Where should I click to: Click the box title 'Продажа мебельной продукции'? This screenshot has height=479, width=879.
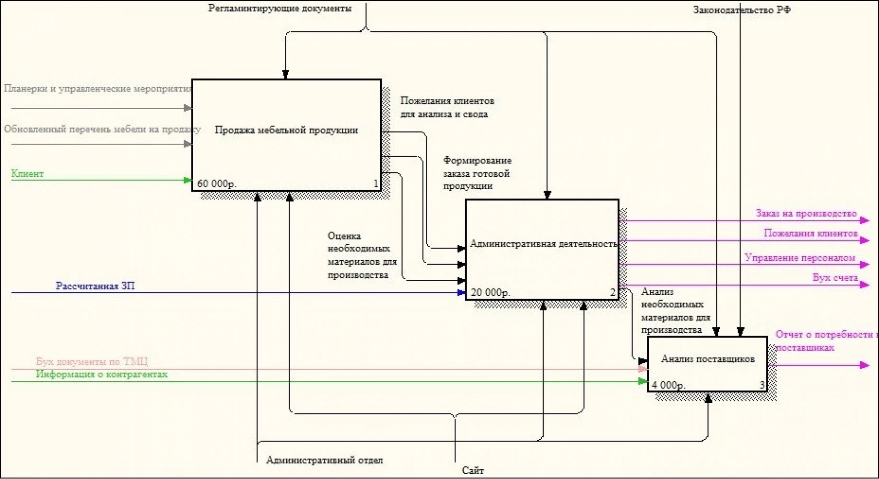[286, 130]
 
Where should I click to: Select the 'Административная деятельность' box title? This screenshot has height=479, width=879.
[543, 244]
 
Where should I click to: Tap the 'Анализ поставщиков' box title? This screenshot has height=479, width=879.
[708, 359]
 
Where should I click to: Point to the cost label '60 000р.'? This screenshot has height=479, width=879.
[216, 184]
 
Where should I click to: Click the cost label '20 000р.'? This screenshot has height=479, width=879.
[490, 292]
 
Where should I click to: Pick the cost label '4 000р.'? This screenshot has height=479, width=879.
[668, 385]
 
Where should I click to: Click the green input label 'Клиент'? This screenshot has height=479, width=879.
[27, 174]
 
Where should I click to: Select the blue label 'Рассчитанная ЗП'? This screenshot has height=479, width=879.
[95, 286]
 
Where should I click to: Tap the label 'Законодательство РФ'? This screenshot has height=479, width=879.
[742, 10]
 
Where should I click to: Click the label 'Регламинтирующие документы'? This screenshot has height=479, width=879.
[280, 8]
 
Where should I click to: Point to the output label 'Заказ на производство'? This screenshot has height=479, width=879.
[806, 214]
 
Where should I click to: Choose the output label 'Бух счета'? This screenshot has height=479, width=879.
[835, 278]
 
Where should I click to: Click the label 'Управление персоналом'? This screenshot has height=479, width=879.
[800, 258]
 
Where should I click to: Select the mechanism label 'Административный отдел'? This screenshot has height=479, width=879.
[324, 460]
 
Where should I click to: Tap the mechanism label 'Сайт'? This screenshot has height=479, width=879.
[473, 470]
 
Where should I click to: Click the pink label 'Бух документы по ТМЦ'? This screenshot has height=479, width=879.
[92, 362]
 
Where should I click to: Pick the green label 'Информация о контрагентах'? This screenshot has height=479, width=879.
[102, 374]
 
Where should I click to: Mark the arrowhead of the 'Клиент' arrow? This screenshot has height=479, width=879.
[188, 180]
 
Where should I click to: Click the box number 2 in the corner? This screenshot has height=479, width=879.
[612, 292]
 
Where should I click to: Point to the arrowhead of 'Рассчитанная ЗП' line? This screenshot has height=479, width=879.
[462, 293]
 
